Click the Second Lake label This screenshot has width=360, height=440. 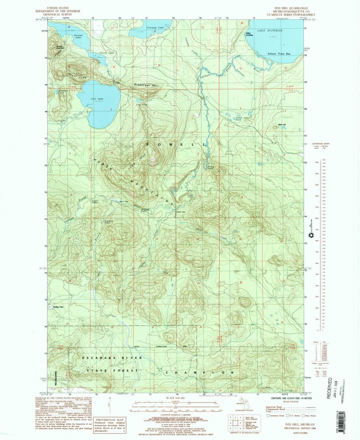point(78,36)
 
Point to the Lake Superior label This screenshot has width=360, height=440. point(270,30)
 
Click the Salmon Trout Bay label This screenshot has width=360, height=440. point(279,54)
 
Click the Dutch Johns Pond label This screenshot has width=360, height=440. point(243,118)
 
